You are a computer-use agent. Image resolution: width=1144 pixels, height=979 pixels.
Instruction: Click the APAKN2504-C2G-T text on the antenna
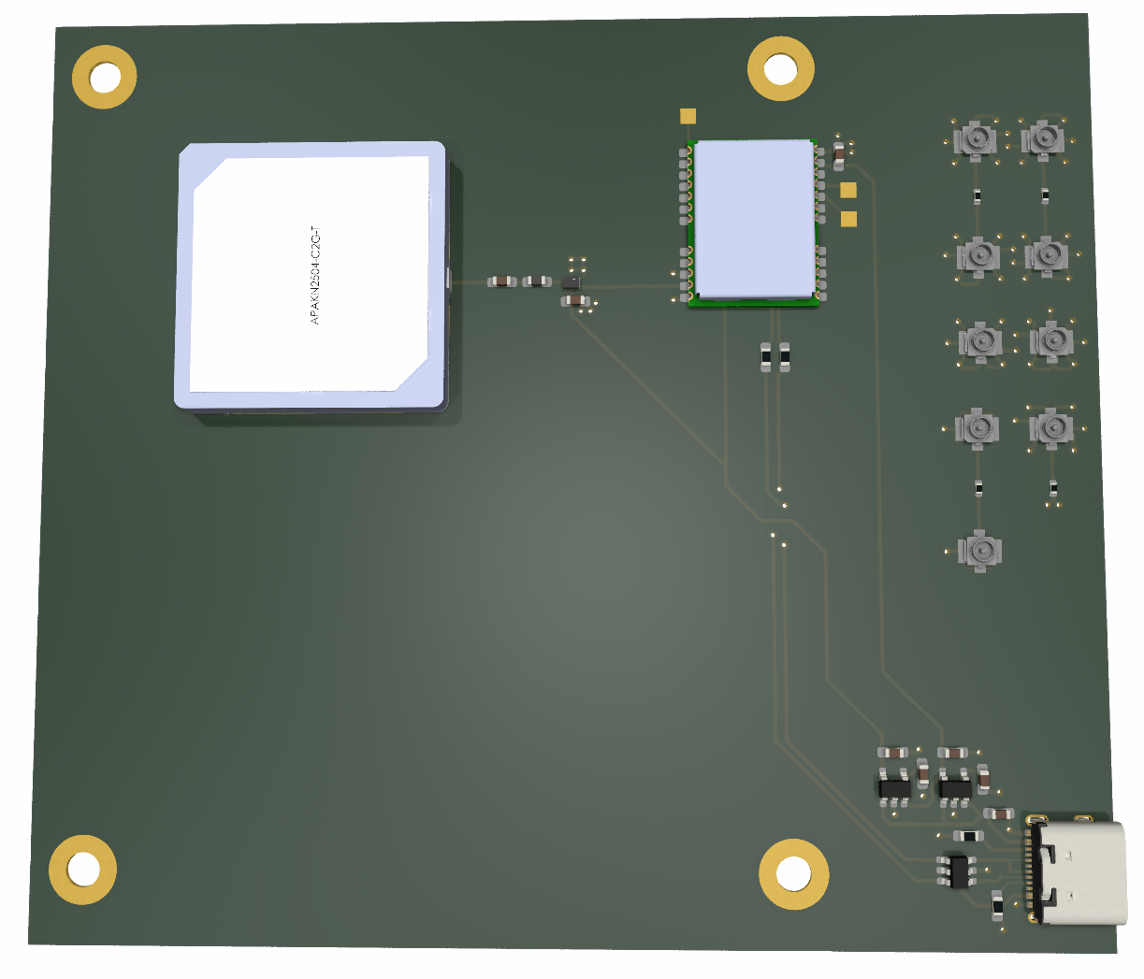click(315, 275)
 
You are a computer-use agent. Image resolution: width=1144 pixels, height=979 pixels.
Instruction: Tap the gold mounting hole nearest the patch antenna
click(105, 77)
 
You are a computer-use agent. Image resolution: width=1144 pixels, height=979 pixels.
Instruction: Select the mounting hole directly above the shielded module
click(780, 68)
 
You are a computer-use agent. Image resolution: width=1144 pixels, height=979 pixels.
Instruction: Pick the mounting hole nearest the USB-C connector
click(793, 873)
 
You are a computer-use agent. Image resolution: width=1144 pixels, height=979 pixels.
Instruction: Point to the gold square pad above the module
click(688, 117)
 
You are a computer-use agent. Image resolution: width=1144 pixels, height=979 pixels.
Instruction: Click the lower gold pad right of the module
click(848, 219)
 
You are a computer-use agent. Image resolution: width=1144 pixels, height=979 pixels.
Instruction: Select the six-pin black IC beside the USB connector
click(957, 870)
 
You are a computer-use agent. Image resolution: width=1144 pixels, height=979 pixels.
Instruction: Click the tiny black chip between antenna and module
click(571, 281)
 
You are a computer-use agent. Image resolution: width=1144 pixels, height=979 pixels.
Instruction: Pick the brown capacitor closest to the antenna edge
click(502, 281)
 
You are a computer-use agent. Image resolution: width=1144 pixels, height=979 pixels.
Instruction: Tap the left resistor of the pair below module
click(765, 356)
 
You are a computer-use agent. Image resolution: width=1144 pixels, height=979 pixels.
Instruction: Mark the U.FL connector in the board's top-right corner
click(1043, 139)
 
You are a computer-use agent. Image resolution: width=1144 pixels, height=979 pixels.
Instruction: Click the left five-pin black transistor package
click(894, 787)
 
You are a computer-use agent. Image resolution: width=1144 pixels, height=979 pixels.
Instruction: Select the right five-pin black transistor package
click(955, 787)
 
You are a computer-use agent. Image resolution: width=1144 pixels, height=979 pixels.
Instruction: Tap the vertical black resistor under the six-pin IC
click(997, 905)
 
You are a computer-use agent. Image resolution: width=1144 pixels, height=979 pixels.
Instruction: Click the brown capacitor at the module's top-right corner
click(838, 151)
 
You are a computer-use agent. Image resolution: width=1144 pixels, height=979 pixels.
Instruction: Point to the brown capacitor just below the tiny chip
click(574, 300)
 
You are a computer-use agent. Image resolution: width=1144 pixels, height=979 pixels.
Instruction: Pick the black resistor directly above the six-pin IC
click(967, 835)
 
